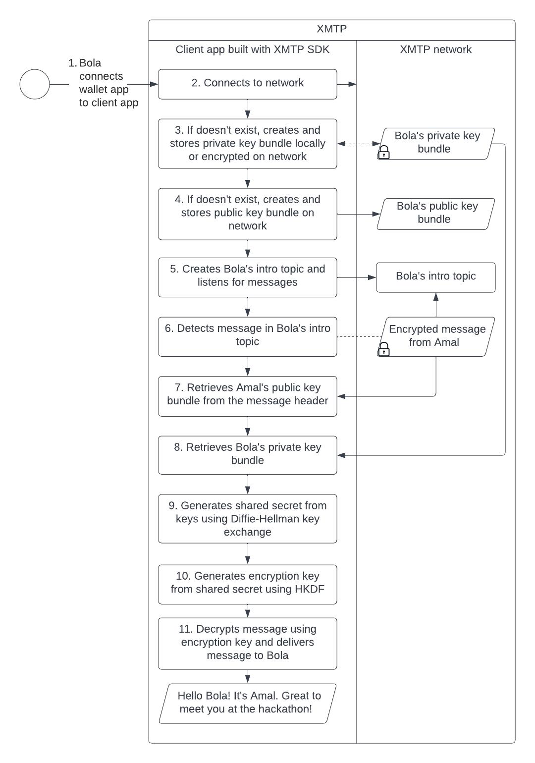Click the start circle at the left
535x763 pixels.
tap(35, 84)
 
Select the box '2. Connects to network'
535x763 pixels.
tap(247, 84)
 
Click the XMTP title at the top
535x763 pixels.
tap(331, 29)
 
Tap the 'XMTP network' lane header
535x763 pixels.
tap(435, 50)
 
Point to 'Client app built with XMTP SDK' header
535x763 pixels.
tap(252, 50)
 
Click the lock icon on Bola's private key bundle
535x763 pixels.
tap(383, 153)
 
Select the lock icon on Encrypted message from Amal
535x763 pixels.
tap(383, 349)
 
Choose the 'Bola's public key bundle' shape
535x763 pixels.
tap(436, 214)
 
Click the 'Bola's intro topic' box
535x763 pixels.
tap(435, 277)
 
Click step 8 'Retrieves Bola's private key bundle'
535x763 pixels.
tap(247, 454)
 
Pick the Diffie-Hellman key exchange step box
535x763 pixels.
tap(247, 519)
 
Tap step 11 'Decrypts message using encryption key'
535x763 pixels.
tap(247, 643)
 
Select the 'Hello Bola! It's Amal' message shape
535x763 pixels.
tap(247, 703)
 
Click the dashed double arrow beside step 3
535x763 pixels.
tap(359, 144)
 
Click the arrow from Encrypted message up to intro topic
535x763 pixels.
tap(436, 305)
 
